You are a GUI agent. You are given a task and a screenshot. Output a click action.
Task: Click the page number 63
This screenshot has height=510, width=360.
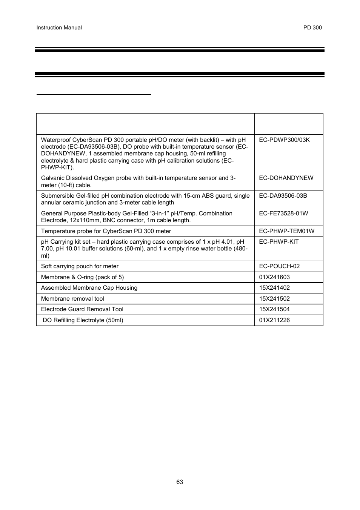coord(180,482)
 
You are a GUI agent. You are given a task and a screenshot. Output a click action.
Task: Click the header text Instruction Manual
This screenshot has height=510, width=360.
coord(59,28)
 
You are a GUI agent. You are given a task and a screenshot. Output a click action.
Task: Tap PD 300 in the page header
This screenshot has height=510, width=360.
coord(312,28)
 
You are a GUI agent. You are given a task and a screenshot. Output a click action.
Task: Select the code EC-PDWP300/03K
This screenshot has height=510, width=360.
coord(284,140)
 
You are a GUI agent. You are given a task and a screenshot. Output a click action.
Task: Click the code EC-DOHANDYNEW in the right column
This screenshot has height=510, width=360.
coord(286,178)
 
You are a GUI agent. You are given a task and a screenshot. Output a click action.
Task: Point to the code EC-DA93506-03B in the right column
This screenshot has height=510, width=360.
coord(283,195)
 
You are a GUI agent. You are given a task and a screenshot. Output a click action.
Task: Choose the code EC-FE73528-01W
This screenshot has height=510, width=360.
coord(283,213)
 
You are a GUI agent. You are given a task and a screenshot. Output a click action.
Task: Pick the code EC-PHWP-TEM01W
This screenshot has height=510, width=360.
coord(286,231)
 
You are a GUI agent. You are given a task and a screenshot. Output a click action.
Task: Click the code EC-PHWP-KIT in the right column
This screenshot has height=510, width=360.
coord(278,241)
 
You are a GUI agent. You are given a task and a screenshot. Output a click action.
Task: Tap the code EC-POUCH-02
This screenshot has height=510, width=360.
coord(279,266)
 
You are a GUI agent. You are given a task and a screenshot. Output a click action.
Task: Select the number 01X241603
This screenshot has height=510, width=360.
coord(274,277)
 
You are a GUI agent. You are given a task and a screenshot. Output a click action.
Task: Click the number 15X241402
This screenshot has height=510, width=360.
coord(274,287)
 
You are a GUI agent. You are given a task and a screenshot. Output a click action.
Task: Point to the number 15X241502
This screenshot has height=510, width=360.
coord(274,298)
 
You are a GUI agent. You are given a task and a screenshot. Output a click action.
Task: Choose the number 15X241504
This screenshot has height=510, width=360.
coord(274,309)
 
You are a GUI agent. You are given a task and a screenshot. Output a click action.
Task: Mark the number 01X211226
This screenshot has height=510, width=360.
coord(274,320)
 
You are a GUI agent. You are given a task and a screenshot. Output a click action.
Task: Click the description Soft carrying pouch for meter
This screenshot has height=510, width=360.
coord(80,266)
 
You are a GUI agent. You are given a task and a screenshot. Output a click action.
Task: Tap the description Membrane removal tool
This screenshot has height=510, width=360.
coord(72,298)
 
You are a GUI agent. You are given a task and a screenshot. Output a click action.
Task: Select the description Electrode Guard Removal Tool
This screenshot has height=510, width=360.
coord(82,309)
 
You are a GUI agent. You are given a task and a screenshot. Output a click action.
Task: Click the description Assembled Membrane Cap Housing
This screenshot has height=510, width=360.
coord(89,287)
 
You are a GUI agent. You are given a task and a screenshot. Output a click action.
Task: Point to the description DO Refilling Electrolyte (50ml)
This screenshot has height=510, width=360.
coord(83,320)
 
